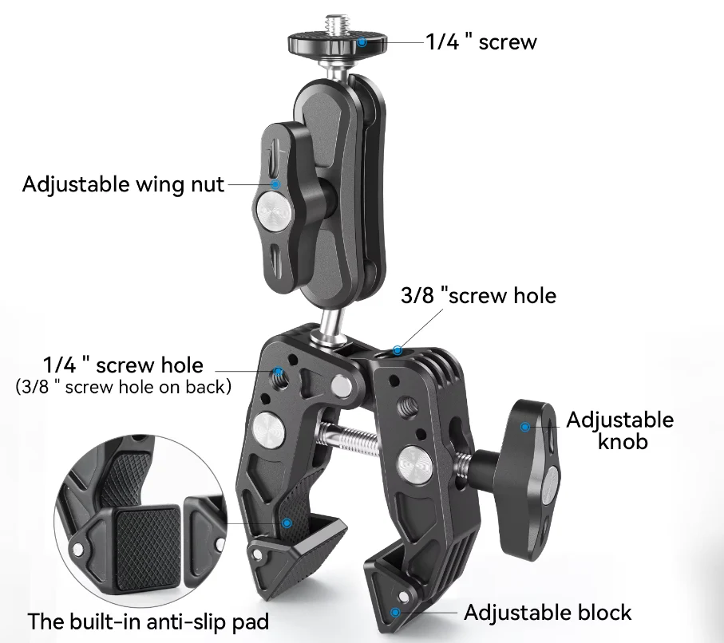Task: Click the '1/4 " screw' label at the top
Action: (481, 41)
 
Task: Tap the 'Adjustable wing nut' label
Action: (123, 184)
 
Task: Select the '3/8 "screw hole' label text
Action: (477, 295)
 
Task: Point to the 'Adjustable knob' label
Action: (619, 430)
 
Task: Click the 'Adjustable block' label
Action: (548, 613)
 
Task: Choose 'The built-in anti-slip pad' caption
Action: (148, 621)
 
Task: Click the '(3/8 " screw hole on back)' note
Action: (124, 388)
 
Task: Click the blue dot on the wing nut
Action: (275, 183)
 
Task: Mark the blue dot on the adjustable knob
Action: (525, 427)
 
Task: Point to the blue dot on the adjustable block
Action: (394, 612)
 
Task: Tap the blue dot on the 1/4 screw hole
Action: (279, 373)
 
